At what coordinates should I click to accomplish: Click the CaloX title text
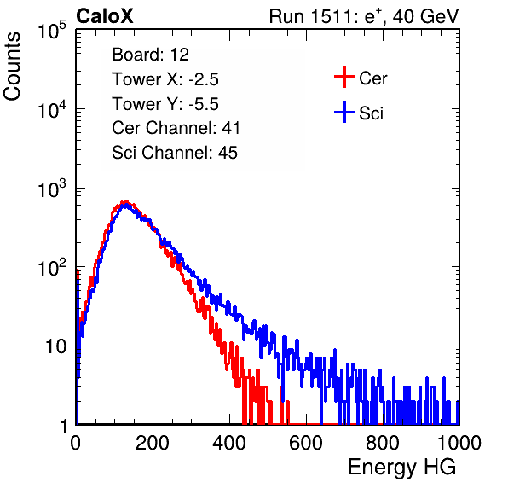(x=105, y=16)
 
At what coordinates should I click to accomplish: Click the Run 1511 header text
(x=364, y=16)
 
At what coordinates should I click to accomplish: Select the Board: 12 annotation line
(x=150, y=55)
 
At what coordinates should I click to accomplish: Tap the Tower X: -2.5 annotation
(x=165, y=79)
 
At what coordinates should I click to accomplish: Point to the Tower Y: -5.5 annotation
(x=165, y=104)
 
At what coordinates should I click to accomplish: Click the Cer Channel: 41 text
(x=176, y=128)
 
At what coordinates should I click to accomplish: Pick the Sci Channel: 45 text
(x=175, y=153)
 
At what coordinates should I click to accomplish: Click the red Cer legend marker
(x=344, y=77)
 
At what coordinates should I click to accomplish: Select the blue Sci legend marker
(x=344, y=113)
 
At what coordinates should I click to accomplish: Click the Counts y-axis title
(x=12, y=67)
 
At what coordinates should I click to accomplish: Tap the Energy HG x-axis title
(x=401, y=468)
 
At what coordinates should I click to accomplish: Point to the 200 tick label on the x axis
(x=153, y=443)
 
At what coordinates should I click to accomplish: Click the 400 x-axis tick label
(x=229, y=443)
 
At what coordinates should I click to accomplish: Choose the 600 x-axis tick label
(x=306, y=443)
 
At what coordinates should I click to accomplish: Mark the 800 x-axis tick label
(x=383, y=443)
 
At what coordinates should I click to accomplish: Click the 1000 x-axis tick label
(x=459, y=443)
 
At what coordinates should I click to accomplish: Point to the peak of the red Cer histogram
(x=126, y=201)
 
